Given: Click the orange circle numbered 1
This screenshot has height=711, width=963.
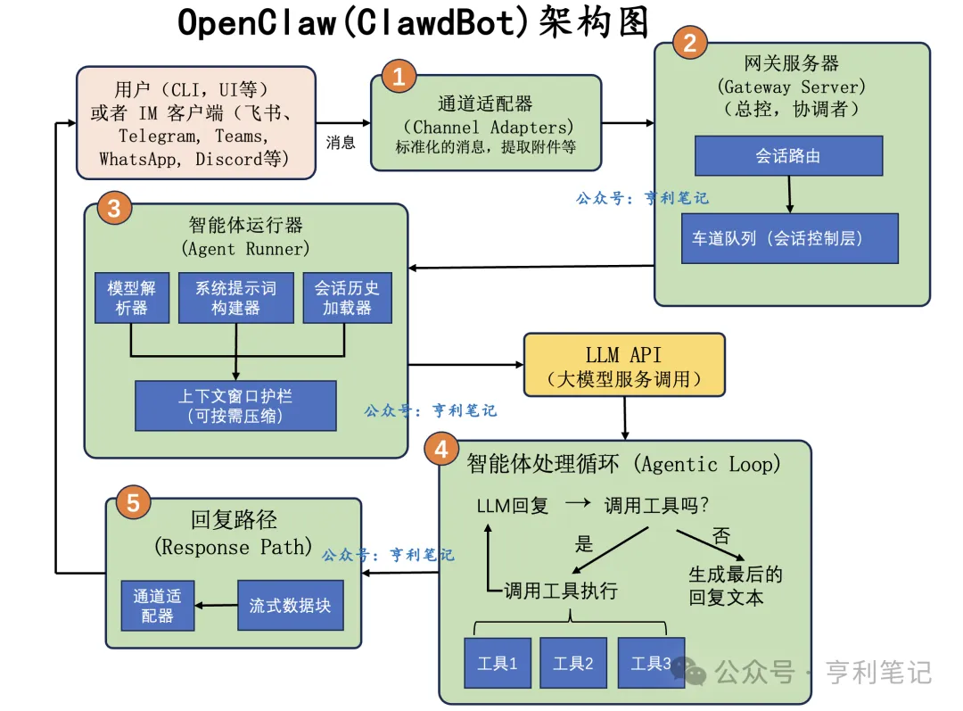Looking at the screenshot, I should pos(399,78).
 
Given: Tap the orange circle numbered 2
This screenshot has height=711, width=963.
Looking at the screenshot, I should pos(689,41).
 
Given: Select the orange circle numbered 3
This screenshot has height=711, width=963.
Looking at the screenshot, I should pos(113,210).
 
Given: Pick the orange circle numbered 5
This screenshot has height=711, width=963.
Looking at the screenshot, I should pos(133,503).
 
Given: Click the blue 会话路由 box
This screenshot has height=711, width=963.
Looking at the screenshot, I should pos(788,156).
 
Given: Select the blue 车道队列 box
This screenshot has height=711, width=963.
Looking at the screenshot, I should pos(789,238).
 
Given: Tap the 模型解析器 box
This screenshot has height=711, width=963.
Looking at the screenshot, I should pos(131,298).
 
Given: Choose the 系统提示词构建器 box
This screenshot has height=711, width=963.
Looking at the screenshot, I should pos(235,298).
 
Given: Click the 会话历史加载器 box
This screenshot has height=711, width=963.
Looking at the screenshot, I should pos(347,298).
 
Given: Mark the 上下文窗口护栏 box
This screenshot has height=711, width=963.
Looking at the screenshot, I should pos(235,406).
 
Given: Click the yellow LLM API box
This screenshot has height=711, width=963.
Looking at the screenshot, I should pos(624,365).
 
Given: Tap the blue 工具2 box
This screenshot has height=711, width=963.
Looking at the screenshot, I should pos(573,663).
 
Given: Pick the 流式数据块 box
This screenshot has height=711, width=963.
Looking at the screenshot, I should pos(290,605).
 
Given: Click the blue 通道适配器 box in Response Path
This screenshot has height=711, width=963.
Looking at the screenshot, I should pos(157,605).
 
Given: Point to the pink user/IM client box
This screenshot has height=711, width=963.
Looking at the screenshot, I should pos(195,123).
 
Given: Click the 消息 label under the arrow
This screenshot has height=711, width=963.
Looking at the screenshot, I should pos(341,142).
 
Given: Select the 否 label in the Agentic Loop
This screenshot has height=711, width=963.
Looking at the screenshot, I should pos(720,535).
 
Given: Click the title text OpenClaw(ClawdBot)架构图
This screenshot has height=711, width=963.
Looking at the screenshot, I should pos(414,22).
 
